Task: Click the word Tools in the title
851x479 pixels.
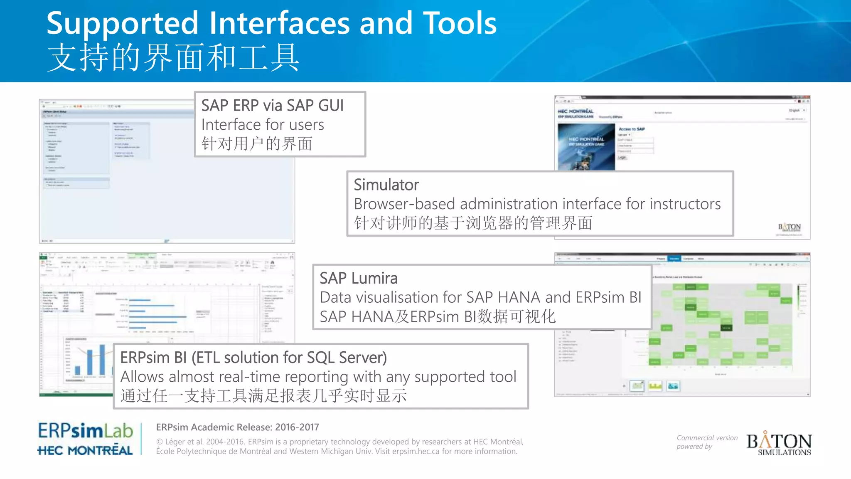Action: click(x=460, y=23)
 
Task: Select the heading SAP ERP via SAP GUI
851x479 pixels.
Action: click(x=272, y=106)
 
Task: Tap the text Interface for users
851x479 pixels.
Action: click(x=263, y=125)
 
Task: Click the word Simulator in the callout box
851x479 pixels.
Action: click(x=386, y=185)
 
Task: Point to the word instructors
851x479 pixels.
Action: click(x=685, y=204)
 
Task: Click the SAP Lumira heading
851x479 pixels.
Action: click(x=358, y=278)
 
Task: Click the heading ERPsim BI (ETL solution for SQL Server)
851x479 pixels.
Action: click(x=253, y=358)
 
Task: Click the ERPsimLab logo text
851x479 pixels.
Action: click(x=85, y=431)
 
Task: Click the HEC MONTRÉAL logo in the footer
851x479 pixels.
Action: click(x=85, y=450)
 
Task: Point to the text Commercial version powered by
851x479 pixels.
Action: click(x=706, y=442)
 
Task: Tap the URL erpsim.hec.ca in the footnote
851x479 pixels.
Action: click(x=416, y=452)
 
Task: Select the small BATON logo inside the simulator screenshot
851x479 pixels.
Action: click(x=789, y=227)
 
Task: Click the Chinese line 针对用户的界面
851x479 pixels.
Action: click(x=257, y=144)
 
